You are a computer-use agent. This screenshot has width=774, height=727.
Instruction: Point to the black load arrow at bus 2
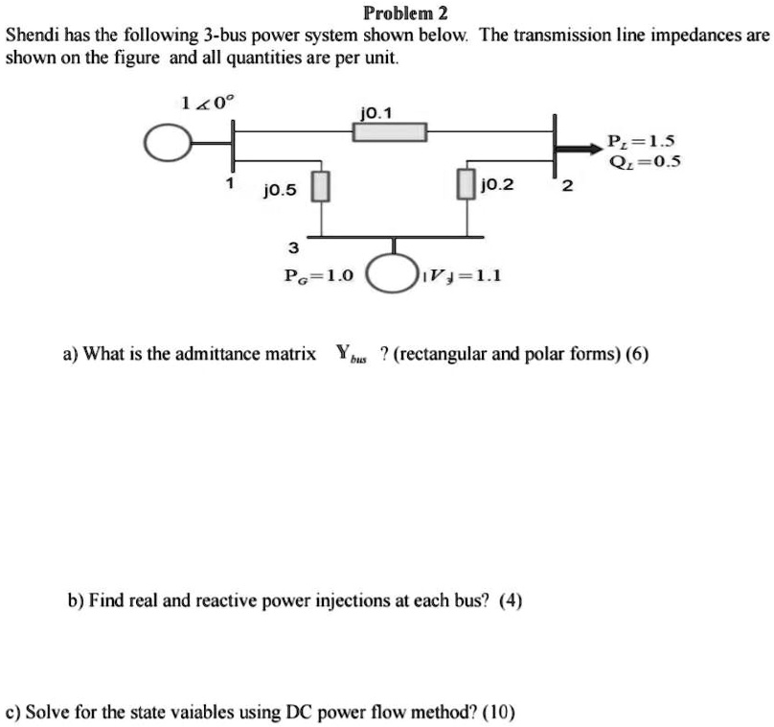(x=581, y=148)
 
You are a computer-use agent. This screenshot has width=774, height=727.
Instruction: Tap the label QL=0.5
(x=644, y=161)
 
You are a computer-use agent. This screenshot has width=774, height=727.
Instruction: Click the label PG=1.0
(x=319, y=275)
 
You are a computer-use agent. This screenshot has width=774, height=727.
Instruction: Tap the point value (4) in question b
(x=510, y=601)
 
